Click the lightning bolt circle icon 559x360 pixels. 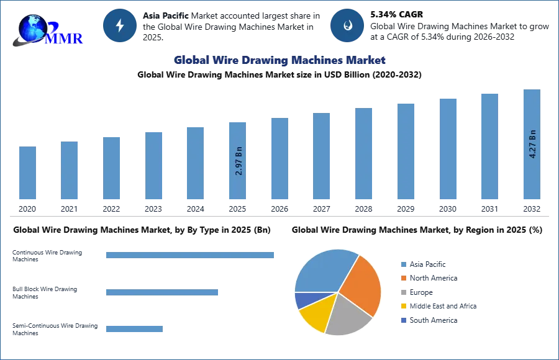tap(120, 25)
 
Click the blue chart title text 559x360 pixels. tap(280, 60)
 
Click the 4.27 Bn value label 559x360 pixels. tap(532, 145)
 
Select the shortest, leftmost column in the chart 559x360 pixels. tap(27, 174)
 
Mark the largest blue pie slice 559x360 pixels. tap(324, 270)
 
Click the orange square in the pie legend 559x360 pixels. tap(403, 279)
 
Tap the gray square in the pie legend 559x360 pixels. tap(403, 293)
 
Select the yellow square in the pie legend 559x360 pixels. tap(403, 307)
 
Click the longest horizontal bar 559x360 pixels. tap(191, 253)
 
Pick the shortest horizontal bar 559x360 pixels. tap(134, 328)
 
